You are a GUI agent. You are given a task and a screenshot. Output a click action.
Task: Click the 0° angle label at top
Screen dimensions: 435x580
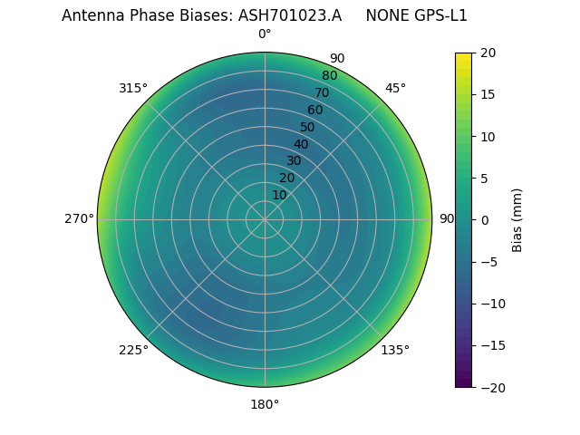(x=265, y=34)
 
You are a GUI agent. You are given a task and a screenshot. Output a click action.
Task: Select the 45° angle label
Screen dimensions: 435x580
(x=395, y=88)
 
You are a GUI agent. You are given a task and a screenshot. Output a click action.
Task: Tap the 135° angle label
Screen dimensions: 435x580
(x=395, y=350)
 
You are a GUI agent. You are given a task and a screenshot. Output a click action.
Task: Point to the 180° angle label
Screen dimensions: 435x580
(x=265, y=404)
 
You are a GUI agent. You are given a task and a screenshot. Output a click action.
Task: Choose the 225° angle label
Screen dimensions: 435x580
(x=133, y=350)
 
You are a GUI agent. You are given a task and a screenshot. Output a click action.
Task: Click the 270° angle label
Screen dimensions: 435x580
(x=79, y=219)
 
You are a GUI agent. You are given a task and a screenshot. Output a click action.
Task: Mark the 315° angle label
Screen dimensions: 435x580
(x=133, y=88)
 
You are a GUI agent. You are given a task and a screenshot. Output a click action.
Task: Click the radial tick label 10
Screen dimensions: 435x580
(x=279, y=195)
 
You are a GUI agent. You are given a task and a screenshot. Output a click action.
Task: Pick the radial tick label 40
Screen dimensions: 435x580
(x=301, y=144)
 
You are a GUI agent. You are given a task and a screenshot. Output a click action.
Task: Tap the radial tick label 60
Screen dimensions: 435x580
(x=314, y=111)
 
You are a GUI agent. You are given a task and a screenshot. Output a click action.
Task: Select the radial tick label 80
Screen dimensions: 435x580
(x=329, y=76)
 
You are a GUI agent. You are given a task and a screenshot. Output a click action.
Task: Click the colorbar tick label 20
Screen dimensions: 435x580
(x=488, y=53)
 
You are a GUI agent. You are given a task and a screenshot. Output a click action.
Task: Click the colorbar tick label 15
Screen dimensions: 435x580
(x=488, y=94)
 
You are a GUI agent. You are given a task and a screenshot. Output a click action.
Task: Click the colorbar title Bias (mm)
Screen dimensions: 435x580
(x=517, y=219)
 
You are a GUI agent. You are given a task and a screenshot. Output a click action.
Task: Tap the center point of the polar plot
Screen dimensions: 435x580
(x=265, y=219)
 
